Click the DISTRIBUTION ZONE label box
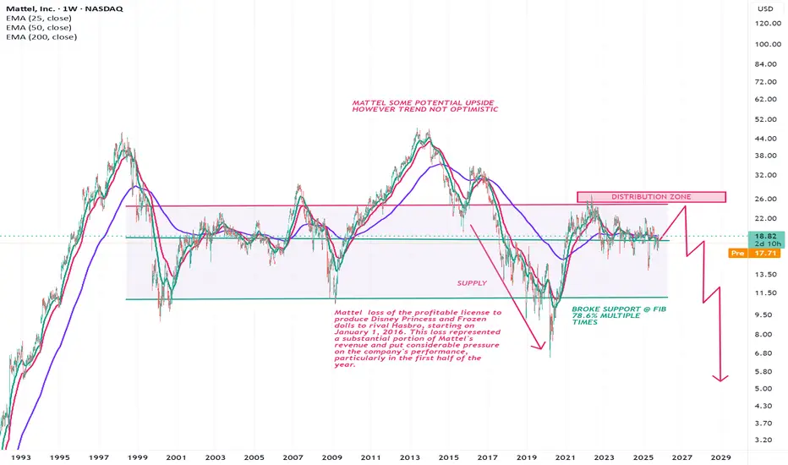[651, 197]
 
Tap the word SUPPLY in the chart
[472, 283]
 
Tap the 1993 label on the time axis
[19, 457]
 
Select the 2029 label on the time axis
[721, 457]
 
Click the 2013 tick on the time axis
[409, 457]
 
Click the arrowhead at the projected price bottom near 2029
[720, 380]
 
